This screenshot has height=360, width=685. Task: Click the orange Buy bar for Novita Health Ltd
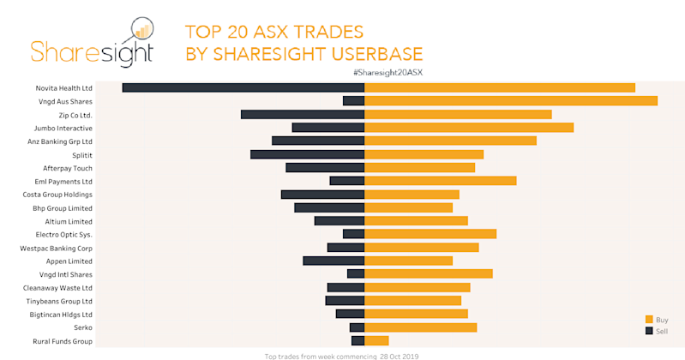click(500, 87)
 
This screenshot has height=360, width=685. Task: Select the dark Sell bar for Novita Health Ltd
click(243, 87)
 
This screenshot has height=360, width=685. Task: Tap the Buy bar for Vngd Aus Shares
click(511, 101)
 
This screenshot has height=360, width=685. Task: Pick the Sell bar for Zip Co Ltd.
click(303, 114)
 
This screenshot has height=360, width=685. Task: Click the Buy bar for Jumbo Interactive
click(469, 128)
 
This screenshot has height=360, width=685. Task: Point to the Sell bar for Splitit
click(307, 154)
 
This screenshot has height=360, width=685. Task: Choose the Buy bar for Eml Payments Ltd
click(441, 181)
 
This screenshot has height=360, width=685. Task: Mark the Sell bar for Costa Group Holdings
click(322, 195)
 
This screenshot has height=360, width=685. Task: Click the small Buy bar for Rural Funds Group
click(376, 341)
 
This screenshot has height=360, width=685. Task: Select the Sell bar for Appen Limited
click(333, 261)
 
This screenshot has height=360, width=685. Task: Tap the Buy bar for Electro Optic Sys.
click(430, 234)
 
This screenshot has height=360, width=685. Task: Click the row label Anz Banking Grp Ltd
click(60, 141)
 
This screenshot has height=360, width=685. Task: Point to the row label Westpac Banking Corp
click(56, 248)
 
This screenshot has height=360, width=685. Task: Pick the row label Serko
click(82, 327)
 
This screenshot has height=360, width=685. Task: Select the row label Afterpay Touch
click(67, 168)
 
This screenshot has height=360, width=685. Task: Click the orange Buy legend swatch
click(649, 320)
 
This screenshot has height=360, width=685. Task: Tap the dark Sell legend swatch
click(649, 331)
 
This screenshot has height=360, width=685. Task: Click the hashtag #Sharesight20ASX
click(388, 72)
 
